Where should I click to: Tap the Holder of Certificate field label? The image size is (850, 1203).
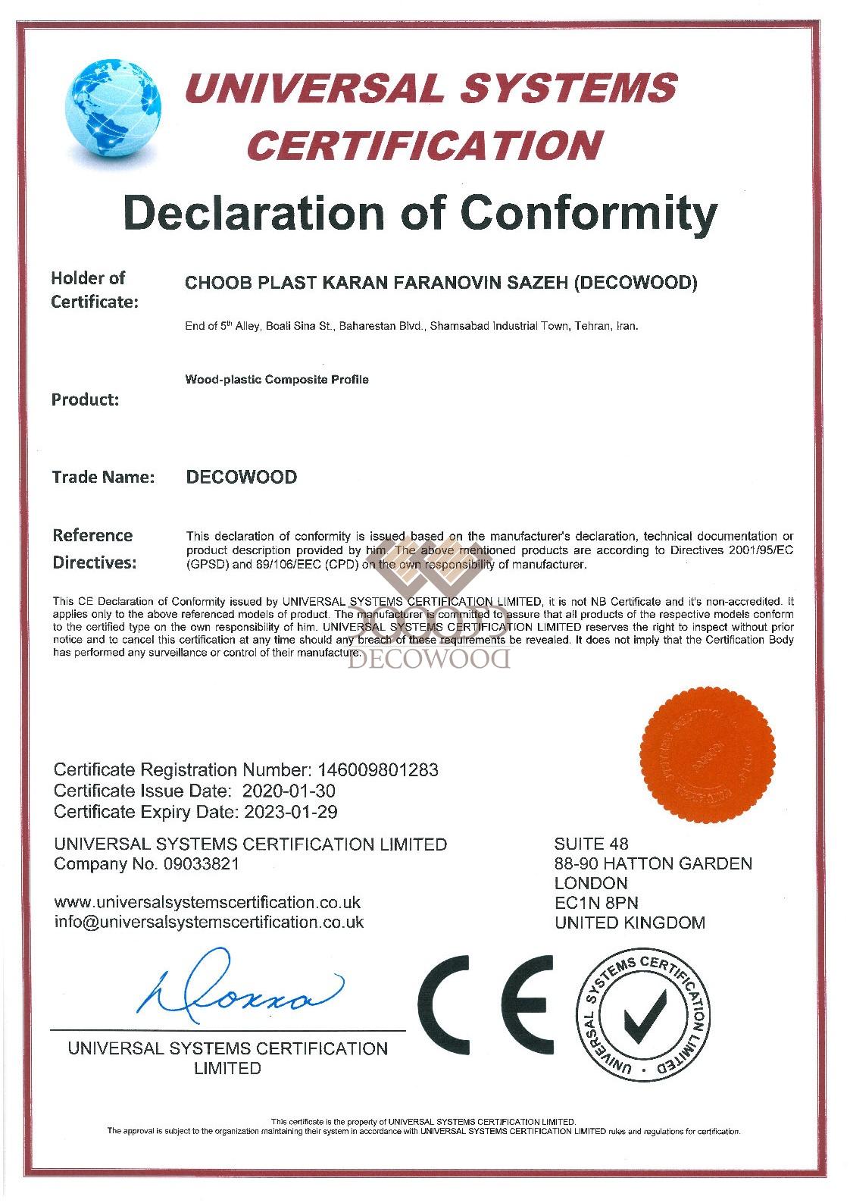[95, 290]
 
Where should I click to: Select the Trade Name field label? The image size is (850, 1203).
[103, 478]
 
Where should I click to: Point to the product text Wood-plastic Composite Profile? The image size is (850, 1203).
[277, 379]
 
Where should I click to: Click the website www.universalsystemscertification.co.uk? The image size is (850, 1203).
[208, 903]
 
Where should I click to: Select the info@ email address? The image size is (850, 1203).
[209, 923]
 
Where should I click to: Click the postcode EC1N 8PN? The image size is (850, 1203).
[596, 903]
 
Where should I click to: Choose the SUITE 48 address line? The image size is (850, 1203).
[591, 844]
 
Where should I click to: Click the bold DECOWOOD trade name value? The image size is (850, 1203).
[242, 478]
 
